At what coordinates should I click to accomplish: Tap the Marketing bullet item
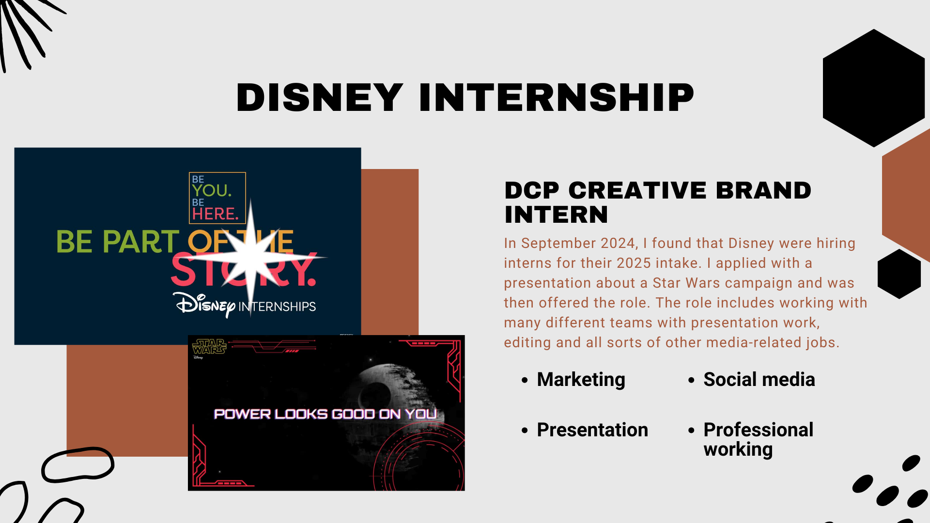click(581, 380)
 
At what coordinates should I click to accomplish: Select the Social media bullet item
click(759, 379)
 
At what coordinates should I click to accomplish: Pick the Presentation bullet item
click(592, 430)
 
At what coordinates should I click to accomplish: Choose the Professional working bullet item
click(758, 439)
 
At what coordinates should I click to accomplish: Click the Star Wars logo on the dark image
click(209, 347)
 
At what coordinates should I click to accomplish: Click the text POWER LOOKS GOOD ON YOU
click(325, 414)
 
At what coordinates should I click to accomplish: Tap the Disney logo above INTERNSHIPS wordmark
click(204, 305)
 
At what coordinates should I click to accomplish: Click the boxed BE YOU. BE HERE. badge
click(217, 198)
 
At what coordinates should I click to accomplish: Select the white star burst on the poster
click(250, 258)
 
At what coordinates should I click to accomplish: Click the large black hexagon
click(874, 88)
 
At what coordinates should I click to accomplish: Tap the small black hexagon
click(899, 274)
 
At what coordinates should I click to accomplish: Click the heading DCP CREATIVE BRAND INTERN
click(658, 202)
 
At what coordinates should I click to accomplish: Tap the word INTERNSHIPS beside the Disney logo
click(277, 307)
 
